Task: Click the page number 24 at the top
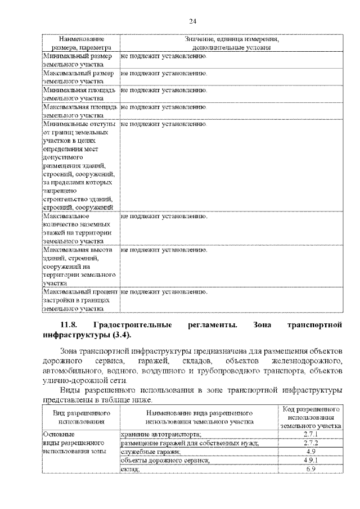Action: coord(192,21)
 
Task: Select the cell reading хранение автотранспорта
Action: coord(161,435)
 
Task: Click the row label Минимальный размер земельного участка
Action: coord(79,61)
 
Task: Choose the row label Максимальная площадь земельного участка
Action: coord(79,110)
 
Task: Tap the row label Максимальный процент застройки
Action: coord(79,300)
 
